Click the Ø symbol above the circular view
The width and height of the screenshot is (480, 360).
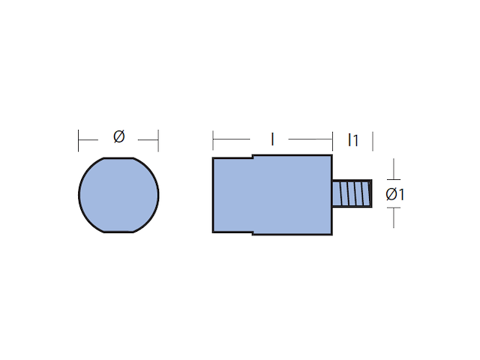(x=118, y=136)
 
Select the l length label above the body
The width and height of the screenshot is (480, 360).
(x=272, y=139)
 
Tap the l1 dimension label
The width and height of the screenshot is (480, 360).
(x=353, y=140)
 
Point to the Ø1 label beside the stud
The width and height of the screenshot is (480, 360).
(x=395, y=194)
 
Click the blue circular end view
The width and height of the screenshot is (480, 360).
(x=118, y=195)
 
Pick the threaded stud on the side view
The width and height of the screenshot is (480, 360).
(x=352, y=193)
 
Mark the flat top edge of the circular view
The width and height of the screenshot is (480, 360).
(x=118, y=158)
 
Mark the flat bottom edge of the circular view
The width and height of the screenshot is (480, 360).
(x=118, y=232)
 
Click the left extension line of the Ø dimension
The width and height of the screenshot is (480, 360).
(x=78, y=140)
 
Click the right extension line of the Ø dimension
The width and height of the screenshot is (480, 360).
(x=158, y=140)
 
